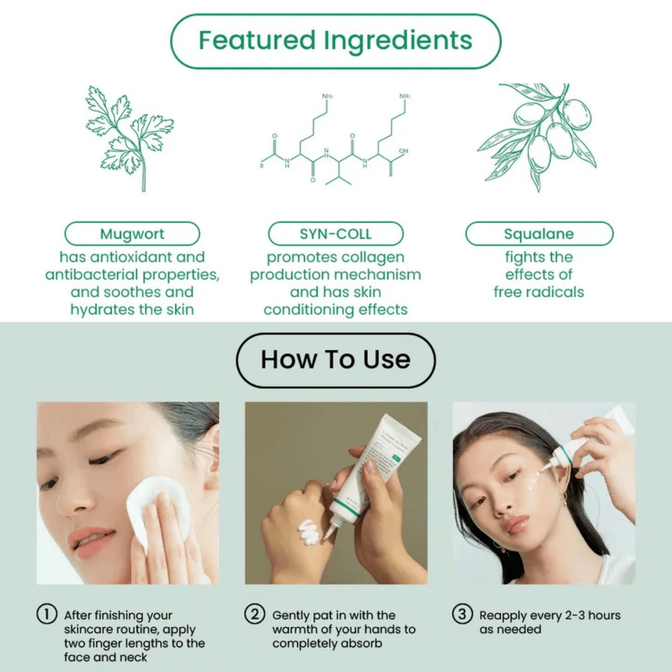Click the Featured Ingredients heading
tap(335, 40)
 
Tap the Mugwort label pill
tap(132, 233)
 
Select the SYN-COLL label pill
tap(335, 233)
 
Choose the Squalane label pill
tap(539, 233)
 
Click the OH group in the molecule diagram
tap(403, 151)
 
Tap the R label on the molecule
tap(262, 166)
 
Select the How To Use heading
tap(335, 360)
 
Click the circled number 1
tap(47, 614)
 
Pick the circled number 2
tap(254, 614)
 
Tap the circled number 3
tap(462, 614)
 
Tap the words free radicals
tap(539, 292)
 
